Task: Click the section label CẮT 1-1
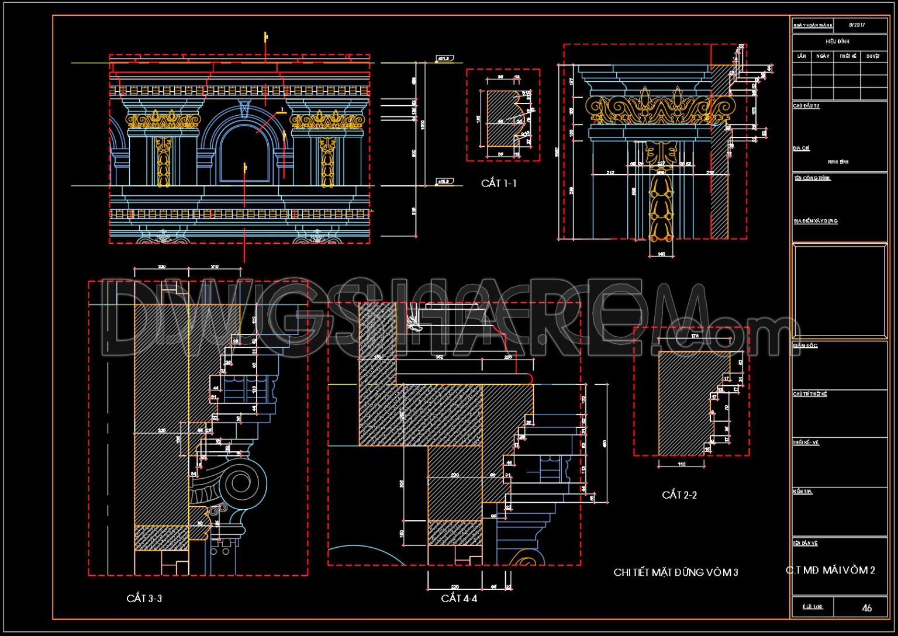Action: pyautogui.click(x=499, y=184)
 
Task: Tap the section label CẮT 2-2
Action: pyautogui.click(x=679, y=495)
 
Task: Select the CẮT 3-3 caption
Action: pyautogui.click(x=144, y=599)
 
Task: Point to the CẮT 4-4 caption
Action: pyautogui.click(x=459, y=599)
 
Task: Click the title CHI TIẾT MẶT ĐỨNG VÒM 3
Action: pyautogui.click(x=676, y=572)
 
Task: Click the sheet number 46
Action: pyautogui.click(x=866, y=608)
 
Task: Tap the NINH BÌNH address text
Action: pyautogui.click(x=838, y=161)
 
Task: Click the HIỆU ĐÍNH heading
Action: pyautogui.click(x=837, y=42)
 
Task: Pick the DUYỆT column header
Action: pyautogui.click(x=873, y=56)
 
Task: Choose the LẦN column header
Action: pyautogui.click(x=802, y=56)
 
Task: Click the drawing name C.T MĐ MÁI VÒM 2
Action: pyautogui.click(x=830, y=570)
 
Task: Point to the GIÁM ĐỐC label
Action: pyautogui.click(x=805, y=346)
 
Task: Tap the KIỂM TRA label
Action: pyautogui.click(x=803, y=492)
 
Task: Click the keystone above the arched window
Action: pyautogui.click(x=244, y=109)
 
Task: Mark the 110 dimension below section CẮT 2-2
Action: pyautogui.click(x=681, y=464)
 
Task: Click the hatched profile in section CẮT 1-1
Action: pyautogui.click(x=500, y=120)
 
